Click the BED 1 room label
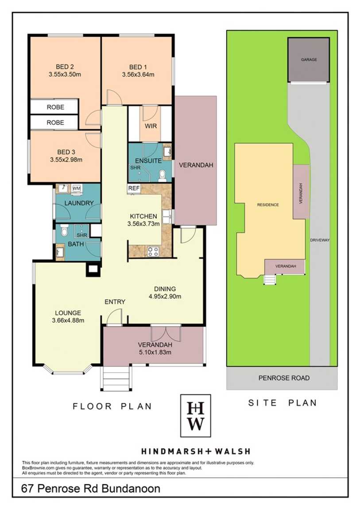[138, 67]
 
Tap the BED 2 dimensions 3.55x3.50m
[65, 74]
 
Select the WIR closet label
[151, 126]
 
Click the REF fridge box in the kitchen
[134, 189]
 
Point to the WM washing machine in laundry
[77, 189]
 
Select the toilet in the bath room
[64, 230]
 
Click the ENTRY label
[115, 302]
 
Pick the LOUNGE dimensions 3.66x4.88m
[68, 320]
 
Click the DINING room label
[165, 289]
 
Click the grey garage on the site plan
[309, 60]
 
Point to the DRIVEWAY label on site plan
[320, 240]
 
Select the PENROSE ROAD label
[284, 378]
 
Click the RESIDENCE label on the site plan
[268, 205]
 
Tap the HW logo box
[196, 416]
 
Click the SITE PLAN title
[283, 403]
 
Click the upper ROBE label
[55, 107]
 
